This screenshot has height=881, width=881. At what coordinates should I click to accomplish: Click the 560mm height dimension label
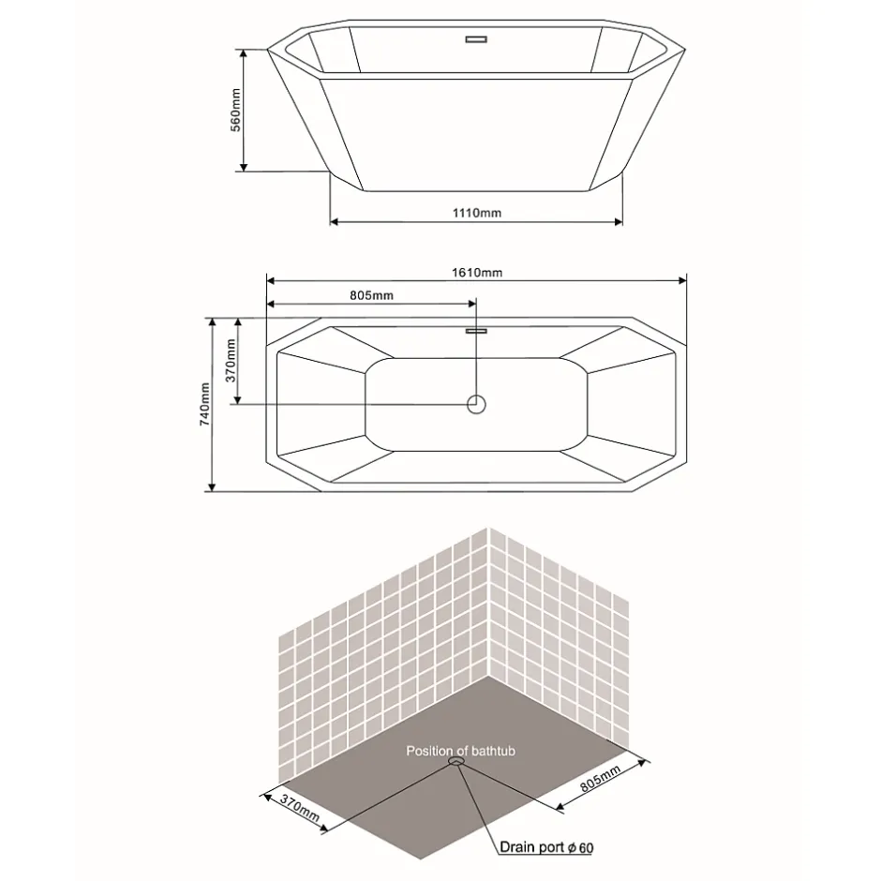tap(236, 111)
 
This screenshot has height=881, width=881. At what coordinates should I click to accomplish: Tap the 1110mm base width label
tap(477, 213)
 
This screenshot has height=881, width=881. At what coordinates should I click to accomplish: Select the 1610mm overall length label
tap(477, 273)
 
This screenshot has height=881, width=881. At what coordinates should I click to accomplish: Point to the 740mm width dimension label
tap(205, 405)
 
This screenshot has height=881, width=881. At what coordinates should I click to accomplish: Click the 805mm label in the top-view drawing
tap(371, 295)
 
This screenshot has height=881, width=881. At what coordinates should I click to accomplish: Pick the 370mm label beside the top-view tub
tap(231, 361)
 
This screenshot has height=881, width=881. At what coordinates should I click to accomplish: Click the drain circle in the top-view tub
tap(476, 404)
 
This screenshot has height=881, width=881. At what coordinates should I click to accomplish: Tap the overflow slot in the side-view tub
tap(476, 39)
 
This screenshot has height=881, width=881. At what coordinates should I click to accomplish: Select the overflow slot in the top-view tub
tap(476, 331)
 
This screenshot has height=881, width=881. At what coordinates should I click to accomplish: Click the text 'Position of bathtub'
tap(461, 752)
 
